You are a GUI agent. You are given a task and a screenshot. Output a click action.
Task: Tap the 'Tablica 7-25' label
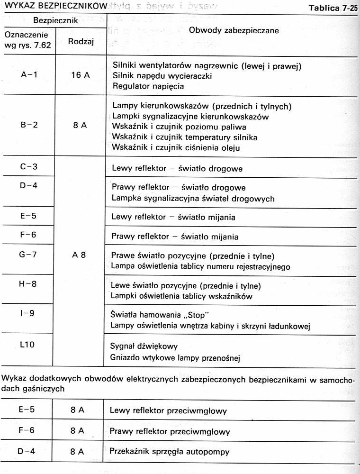pyautogui.click(x=333, y=8)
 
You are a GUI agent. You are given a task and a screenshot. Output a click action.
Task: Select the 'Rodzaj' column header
pyautogui.click(x=81, y=41)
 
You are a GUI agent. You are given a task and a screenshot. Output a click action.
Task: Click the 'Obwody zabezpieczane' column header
pyautogui.click(x=234, y=30)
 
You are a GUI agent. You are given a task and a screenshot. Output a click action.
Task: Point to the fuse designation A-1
pyautogui.click(x=29, y=75)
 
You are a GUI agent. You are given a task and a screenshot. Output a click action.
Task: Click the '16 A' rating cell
pyautogui.click(x=80, y=75)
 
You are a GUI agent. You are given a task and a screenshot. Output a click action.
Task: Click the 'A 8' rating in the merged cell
pyautogui.click(x=79, y=255)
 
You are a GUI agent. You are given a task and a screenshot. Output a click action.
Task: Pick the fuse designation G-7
pyautogui.click(x=28, y=254)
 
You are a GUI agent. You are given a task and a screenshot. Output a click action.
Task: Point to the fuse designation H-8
pyautogui.click(x=28, y=286)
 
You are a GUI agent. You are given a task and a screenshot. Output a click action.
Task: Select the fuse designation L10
pyautogui.click(x=28, y=345)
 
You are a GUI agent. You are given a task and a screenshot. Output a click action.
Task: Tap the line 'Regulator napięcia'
pyautogui.click(x=148, y=86)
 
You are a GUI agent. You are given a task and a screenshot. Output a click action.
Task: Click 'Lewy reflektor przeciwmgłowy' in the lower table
pyautogui.click(x=167, y=411)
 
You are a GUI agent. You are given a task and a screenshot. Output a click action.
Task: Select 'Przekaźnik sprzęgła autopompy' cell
pyautogui.click(x=169, y=452)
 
